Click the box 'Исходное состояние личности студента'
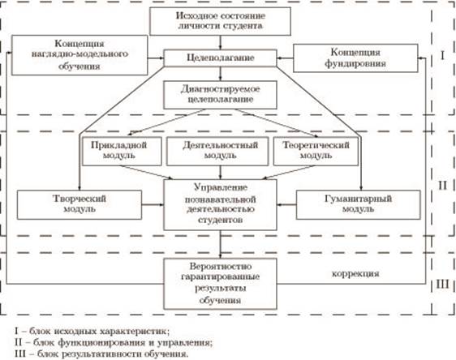[x=220, y=21]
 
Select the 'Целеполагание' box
[x=220, y=58]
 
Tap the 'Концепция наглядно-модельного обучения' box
[x=80, y=55]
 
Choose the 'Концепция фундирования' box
[x=355, y=58]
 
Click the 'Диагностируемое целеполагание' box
[x=220, y=95]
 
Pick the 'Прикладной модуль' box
[x=122, y=151]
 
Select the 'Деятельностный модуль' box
[x=217, y=151]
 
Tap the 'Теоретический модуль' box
[x=316, y=151]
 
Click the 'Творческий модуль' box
[x=80, y=204]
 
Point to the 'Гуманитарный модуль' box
[x=359, y=204]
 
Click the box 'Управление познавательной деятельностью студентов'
[x=220, y=205]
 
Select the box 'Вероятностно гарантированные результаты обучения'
[x=220, y=284]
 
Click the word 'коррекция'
[x=355, y=273]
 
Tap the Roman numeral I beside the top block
[x=442, y=55]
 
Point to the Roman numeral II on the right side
[x=442, y=185]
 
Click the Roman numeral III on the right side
[x=442, y=284]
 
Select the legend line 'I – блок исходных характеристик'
[x=92, y=331]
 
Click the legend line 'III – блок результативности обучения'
[x=101, y=354]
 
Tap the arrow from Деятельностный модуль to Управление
[x=220, y=173]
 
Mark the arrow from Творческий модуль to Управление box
[x=153, y=204]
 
